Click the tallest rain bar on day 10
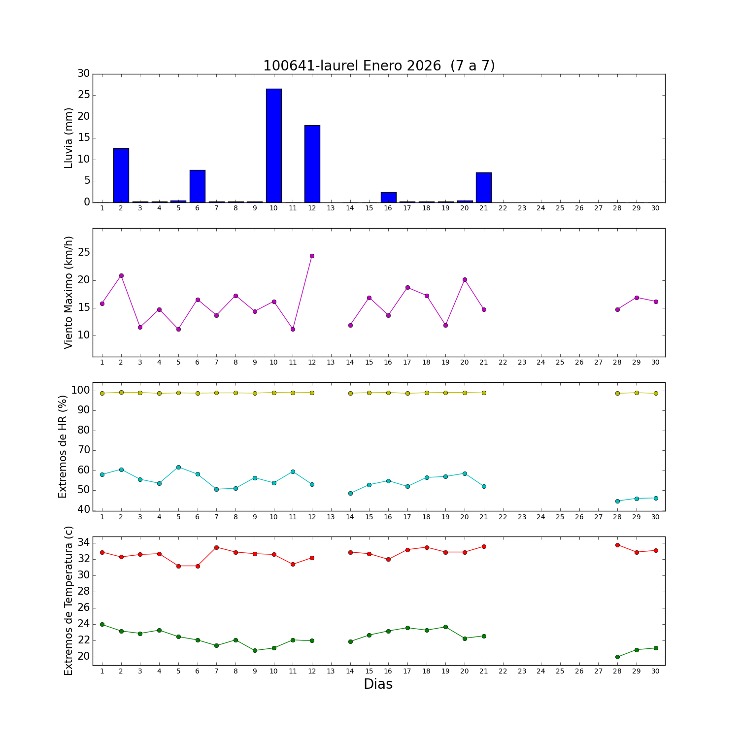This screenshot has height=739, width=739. click(274, 145)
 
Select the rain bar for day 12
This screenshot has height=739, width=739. click(312, 164)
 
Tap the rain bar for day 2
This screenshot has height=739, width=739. click(121, 175)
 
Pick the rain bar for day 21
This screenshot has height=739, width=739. click(484, 187)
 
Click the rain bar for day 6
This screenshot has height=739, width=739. click(198, 186)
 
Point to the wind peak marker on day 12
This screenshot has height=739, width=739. click(312, 256)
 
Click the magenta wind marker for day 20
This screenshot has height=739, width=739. click(465, 279)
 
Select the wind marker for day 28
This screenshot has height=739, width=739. click(617, 309)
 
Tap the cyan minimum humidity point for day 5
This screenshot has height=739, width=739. click(178, 467)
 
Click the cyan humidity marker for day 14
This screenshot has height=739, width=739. click(350, 493)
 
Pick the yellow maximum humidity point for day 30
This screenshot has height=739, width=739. click(656, 393)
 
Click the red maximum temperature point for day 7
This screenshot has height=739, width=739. click(216, 547)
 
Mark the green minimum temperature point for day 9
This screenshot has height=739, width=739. click(255, 650)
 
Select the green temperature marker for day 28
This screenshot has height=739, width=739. click(617, 657)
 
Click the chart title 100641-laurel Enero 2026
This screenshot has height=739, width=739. click(378, 66)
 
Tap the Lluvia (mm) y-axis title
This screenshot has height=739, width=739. click(68, 138)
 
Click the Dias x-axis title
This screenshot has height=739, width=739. click(378, 684)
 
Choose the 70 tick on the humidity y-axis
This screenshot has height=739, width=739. click(84, 450)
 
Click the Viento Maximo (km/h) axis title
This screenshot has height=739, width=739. click(68, 292)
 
